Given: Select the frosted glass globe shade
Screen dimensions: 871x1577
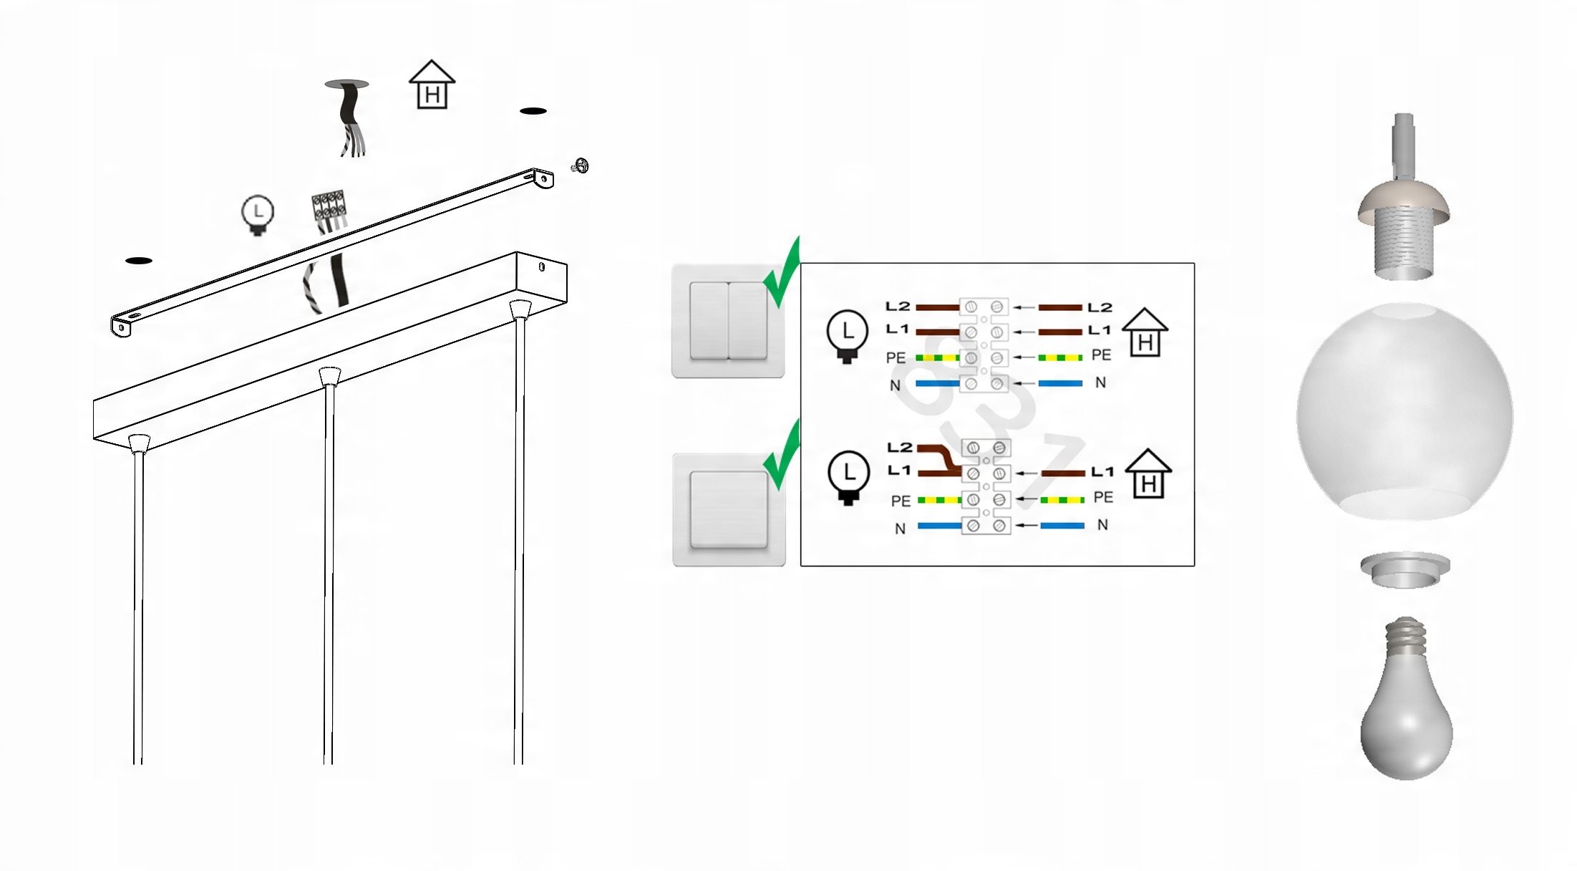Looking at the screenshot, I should pos(1404,412).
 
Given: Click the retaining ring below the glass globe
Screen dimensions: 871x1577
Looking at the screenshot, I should pos(1405,569).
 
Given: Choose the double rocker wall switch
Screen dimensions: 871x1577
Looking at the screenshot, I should pos(728,321).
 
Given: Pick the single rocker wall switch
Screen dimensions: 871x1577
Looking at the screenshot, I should pos(729,509).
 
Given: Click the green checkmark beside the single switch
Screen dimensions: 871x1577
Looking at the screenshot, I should pos(782,456).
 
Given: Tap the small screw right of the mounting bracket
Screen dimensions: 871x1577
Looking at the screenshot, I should pos(581,166).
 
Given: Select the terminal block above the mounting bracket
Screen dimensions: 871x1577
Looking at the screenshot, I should pos(329,206).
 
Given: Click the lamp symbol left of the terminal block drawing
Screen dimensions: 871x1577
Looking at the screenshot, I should pos(257,214).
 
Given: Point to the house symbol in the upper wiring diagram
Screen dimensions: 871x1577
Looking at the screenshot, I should pos(1145,332).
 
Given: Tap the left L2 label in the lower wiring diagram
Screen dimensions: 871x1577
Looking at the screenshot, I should pos(900,448).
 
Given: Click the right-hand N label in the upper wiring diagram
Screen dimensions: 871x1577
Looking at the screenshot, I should pos(1100,382).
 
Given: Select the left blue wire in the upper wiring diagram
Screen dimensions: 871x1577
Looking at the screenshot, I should pos(937,384).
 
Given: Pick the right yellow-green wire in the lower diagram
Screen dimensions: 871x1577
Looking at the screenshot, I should pos(1062,499).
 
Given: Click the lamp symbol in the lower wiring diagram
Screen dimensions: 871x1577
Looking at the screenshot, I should pos(848,477).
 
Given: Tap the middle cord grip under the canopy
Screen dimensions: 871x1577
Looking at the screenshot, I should pos(329,377).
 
